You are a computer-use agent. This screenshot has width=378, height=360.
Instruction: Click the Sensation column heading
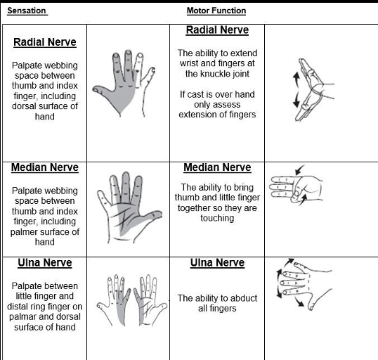point(27,11)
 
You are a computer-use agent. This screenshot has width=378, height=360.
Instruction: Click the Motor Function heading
point(216,11)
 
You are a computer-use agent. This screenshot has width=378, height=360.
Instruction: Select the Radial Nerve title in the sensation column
point(45,42)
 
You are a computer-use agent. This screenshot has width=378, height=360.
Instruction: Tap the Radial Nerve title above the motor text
point(217,30)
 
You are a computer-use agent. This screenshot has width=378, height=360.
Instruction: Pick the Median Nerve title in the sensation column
point(45,167)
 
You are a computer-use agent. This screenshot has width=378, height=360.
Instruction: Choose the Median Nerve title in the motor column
point(217,167)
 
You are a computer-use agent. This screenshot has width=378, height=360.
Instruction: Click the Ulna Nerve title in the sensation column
point(45,262)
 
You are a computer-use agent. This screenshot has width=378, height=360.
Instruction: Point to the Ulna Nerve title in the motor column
point(217,262)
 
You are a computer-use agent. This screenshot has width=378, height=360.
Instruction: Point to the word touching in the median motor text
point(217,218)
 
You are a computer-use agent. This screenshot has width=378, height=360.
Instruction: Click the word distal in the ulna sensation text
point(18,307)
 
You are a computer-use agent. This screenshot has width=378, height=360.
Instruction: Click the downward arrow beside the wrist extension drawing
point(296,99)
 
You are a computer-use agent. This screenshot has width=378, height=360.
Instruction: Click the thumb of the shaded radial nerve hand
point(100,91)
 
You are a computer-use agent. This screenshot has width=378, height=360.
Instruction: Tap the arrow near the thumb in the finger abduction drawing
point(299,302)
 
